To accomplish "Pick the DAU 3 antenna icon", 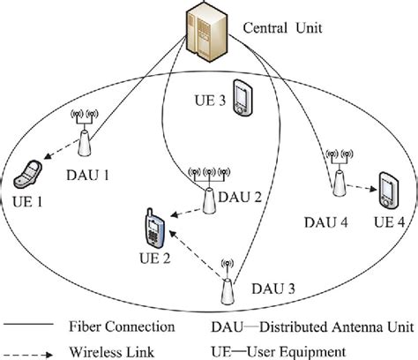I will [228, 281].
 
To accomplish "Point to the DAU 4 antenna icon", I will [337, 173].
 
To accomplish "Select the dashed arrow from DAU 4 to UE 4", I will [359, 189].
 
